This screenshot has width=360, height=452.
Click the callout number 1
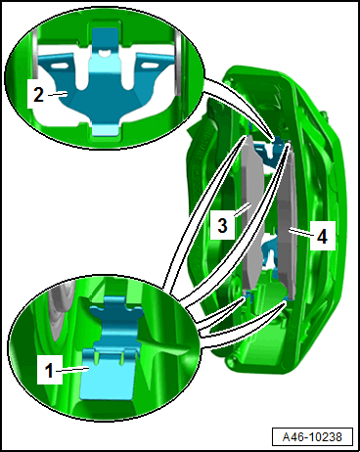49,371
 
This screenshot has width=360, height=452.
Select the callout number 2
38,94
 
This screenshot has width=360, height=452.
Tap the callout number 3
222,225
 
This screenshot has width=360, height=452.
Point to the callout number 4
322,236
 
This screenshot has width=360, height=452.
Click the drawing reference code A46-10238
312,436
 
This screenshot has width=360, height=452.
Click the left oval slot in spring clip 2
60,66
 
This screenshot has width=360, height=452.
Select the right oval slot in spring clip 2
149,66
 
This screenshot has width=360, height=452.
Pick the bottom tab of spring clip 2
105,128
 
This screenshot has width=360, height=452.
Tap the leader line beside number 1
72,369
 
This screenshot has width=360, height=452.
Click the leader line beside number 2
58,94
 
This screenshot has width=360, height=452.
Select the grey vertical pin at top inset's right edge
178,62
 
